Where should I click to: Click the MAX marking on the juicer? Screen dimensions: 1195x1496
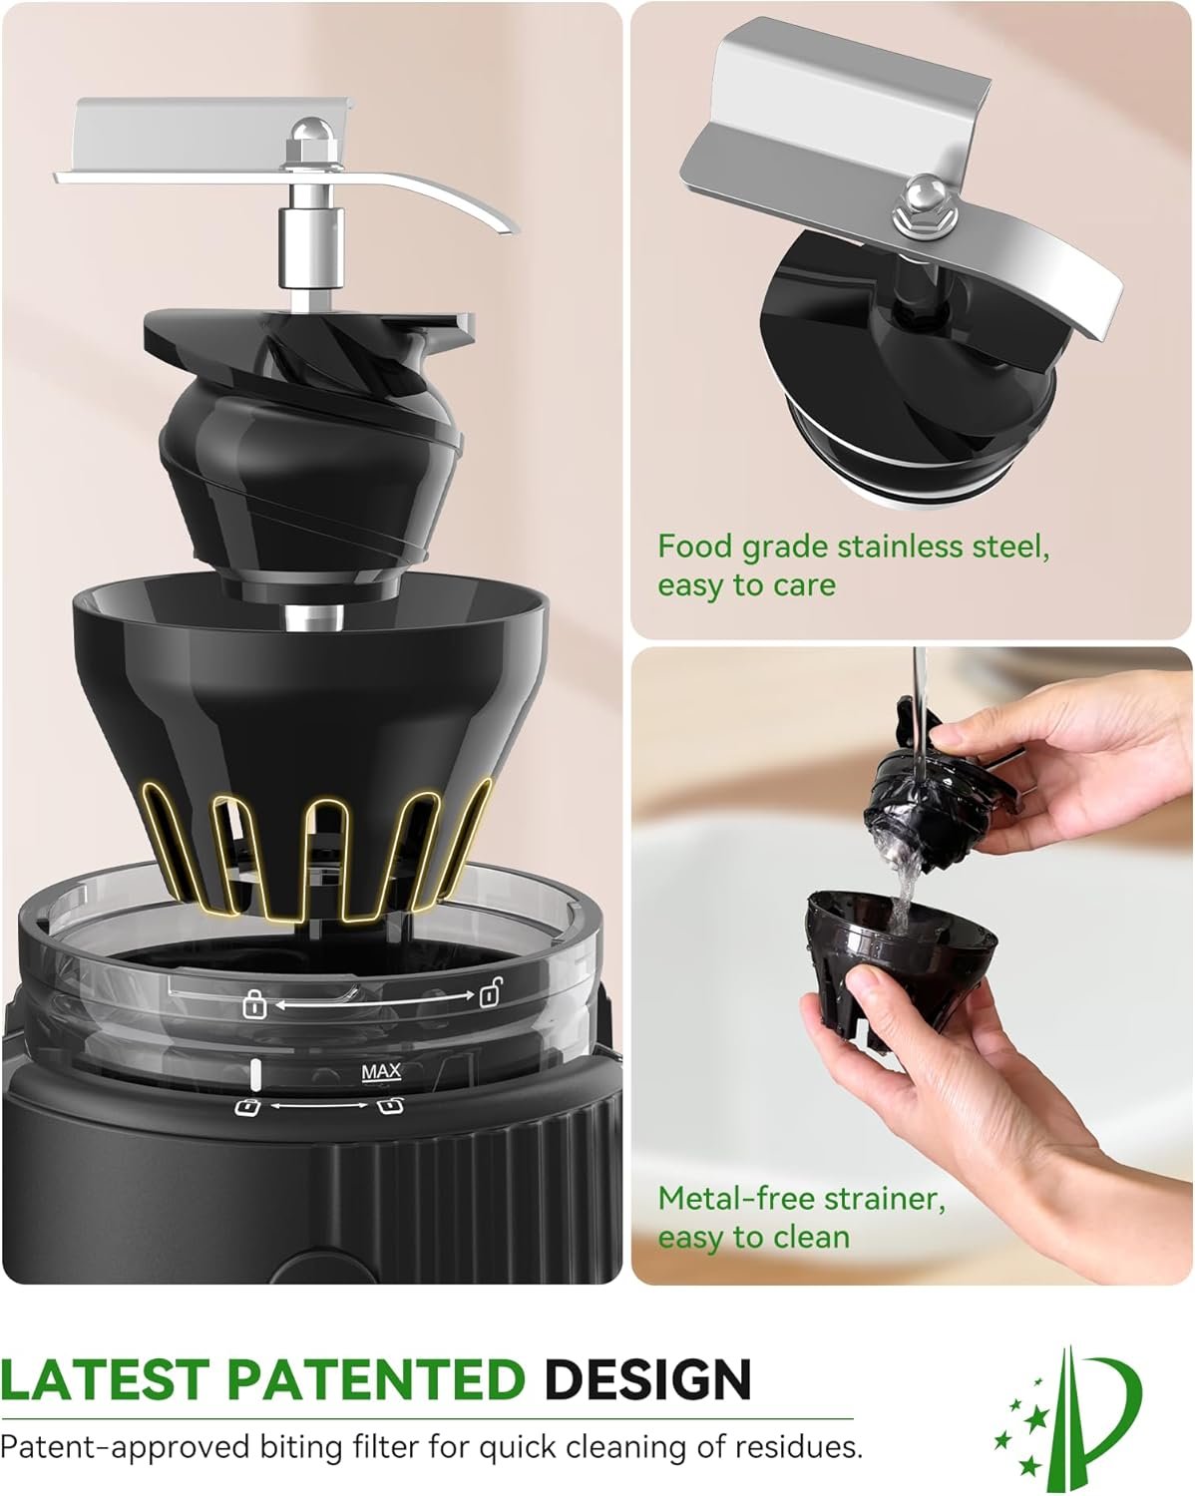(381, 1072)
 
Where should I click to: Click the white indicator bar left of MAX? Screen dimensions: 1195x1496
(255, 1074)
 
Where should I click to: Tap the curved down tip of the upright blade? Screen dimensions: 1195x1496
(512, 229)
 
